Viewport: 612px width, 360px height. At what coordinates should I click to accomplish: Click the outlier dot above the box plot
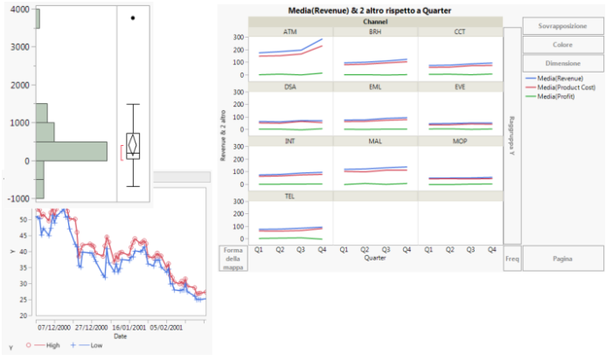point(133,17)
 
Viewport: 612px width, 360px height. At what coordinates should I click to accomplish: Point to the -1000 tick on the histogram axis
point(16,199)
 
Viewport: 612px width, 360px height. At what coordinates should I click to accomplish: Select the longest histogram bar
point(71,152)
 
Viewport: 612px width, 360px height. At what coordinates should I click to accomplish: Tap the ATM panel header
point(289,31)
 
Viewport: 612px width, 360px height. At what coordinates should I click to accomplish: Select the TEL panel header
point(289,197)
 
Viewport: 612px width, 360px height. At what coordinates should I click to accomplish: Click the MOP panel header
point(459,141)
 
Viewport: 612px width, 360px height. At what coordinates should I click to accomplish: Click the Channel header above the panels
point(374,20)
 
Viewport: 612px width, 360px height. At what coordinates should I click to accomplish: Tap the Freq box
point(512,259)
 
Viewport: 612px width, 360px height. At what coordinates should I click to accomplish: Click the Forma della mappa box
point(232,259)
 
